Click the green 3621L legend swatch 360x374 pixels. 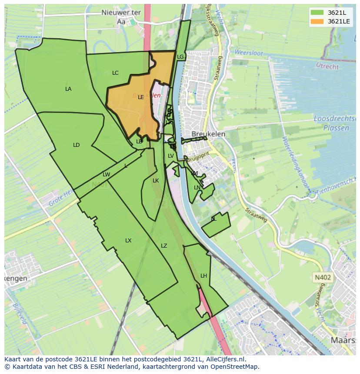click(317, 12)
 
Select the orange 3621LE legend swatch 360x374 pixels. click(317, 21)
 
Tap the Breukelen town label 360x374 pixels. click(208, 134)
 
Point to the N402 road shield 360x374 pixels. click(322, 277)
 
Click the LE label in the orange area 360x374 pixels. click(141, 97)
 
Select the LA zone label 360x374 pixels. click(68, 89)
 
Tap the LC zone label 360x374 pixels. click(115, 73)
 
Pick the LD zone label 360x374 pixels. click(77, 145)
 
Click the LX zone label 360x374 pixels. click(128, 241)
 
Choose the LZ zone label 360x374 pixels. click(164, 246)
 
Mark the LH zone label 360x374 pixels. click(204, 276)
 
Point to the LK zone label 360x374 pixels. click(156, 181)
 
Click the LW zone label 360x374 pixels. click(106, 175)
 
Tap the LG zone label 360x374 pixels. click(180, 57)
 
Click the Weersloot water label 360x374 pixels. click(249, 53)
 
